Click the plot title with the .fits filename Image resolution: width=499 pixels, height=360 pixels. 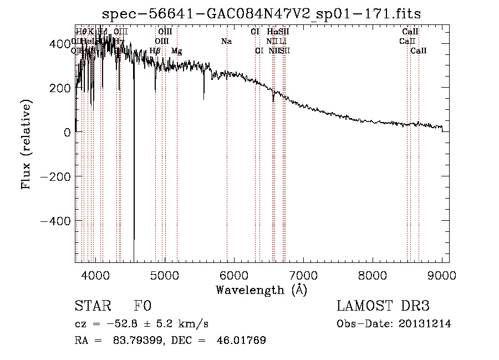point(262,15)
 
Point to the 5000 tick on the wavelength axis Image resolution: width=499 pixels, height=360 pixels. point(165,275)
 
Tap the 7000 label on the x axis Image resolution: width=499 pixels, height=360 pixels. point(303,275)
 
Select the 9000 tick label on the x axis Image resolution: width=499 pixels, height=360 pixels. point(442,275)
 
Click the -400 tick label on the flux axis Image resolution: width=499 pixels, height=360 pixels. point(55,221)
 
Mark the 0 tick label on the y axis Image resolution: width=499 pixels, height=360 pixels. point(67,132)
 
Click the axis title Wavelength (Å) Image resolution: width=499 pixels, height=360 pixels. point(262,290)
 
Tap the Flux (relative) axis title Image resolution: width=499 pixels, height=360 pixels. point(27,144)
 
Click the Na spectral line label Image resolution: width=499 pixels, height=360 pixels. point(226,42)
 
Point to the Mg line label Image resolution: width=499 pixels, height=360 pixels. point(176,51)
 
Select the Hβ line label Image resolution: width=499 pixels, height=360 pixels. point(155,51)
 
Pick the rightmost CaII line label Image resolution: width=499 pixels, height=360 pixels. point(419,51)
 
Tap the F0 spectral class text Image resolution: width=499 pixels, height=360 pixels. point(142,306)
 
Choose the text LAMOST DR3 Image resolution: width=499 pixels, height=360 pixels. point(383,306)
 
